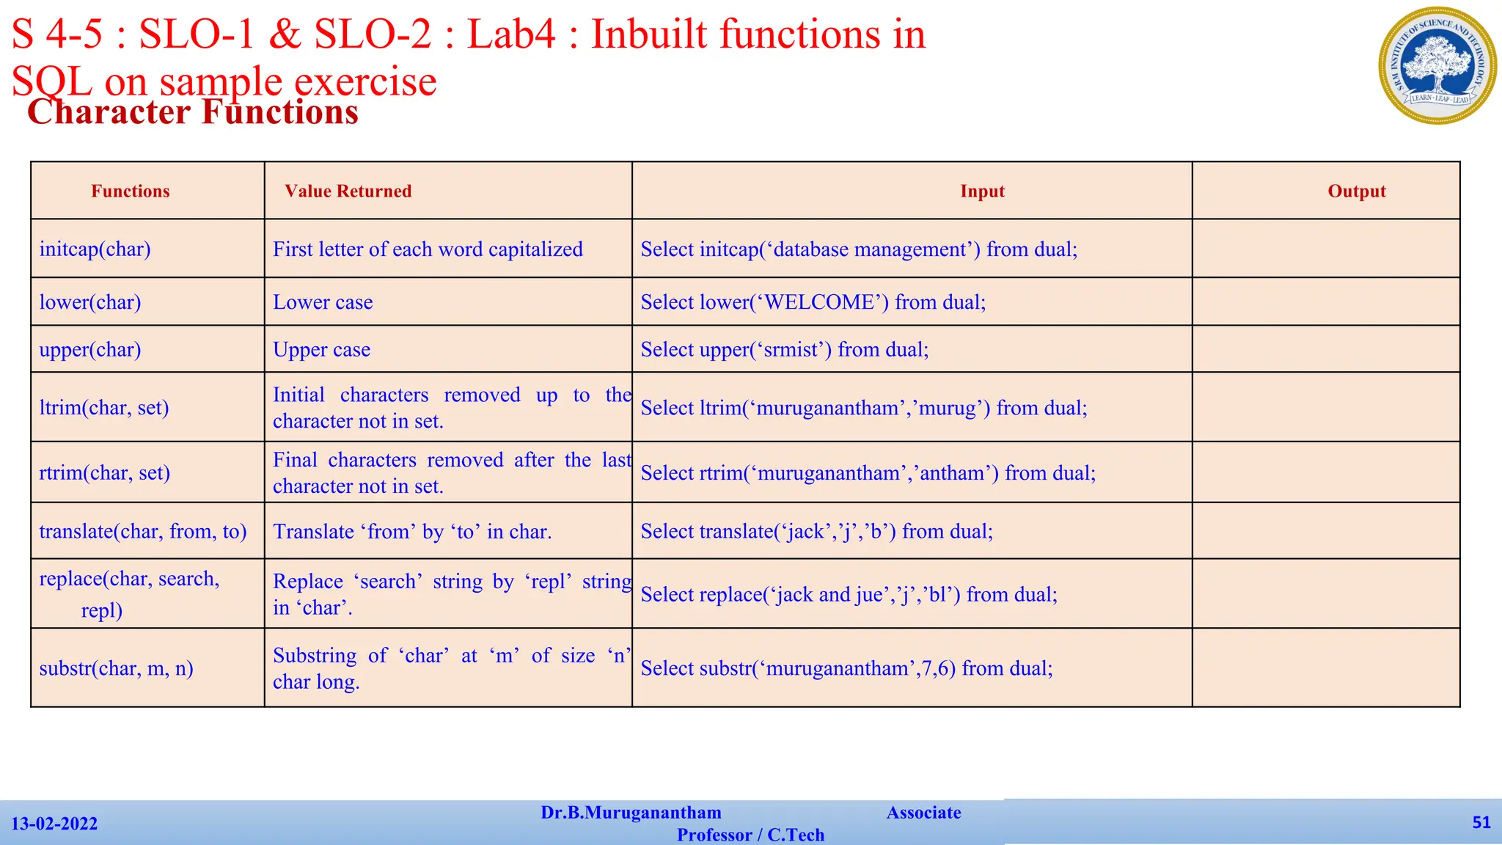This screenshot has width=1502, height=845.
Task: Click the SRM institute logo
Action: point(1437,65)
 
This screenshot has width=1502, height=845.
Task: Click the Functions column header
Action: point(130,191)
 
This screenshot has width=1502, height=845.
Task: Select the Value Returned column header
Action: point(348,191)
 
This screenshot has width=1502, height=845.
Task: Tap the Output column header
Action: point(1356,191)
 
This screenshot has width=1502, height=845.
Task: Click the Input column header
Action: point(982,191)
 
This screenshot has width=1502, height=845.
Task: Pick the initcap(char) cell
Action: point(95,249)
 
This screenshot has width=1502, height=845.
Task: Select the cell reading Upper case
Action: point(321,350)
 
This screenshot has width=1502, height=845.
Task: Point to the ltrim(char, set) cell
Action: point(104,408)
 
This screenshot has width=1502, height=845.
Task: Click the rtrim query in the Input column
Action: point(868,473)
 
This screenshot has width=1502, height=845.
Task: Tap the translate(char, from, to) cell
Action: point(143,531)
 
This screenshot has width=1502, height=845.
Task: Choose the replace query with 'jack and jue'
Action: point(849,594)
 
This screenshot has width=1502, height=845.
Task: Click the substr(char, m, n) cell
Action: point(116,668)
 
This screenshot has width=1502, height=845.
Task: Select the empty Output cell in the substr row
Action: point(1325,668)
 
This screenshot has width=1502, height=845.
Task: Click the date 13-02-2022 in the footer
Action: point(54,824)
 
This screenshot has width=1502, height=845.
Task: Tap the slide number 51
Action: point(1481,822)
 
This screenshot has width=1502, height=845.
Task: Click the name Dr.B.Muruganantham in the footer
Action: point(631,813)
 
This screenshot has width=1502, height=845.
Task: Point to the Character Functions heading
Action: point(193,112)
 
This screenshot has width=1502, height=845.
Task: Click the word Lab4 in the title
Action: point(511,34)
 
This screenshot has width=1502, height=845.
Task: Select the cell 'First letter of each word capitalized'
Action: point(428,249)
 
